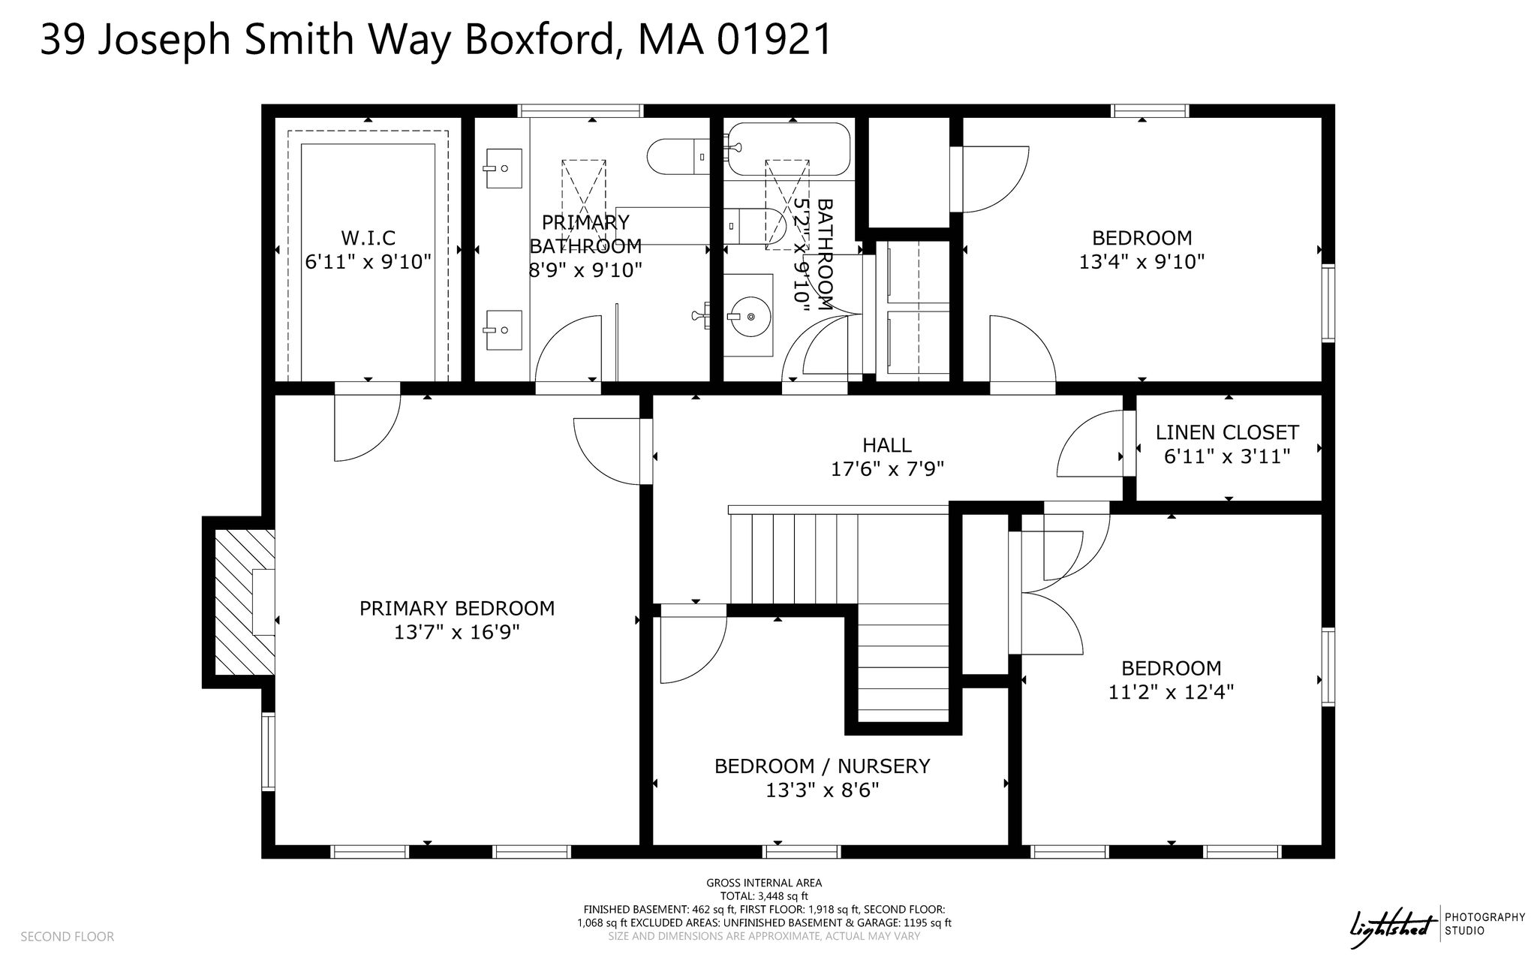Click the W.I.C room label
click(368, 238)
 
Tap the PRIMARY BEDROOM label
click(457, 608)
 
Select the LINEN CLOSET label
click(1227, 432)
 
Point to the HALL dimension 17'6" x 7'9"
click(887, 469)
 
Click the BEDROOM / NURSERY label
click(822, 766)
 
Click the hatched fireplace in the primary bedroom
click(245, 603)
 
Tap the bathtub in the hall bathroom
click(787, 149)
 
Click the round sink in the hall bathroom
click(750, 317)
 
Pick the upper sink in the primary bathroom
click(504, 168)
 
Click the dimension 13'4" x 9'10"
click(1142, 262)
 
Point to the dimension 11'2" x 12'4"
click(1171, 692)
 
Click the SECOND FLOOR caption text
click(67, 937)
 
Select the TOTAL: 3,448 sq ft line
click(764, 896)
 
